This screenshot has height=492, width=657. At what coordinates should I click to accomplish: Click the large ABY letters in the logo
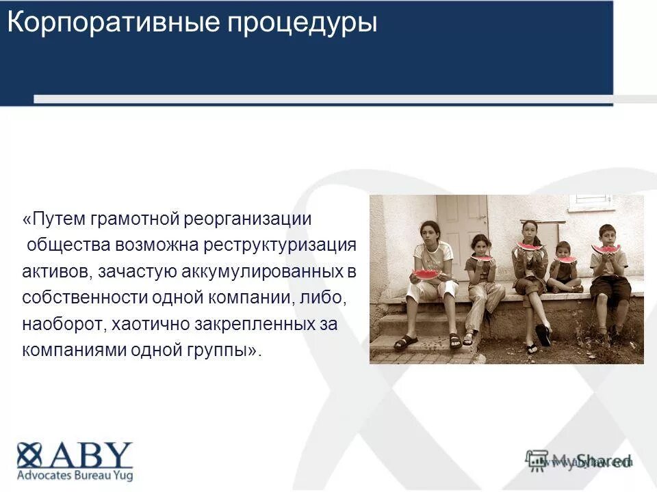[x=89, y=455]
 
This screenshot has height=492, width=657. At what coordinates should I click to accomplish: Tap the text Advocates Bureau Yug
[x=75, y=476]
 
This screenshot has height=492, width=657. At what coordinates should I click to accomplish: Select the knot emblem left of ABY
[x=29, y=455]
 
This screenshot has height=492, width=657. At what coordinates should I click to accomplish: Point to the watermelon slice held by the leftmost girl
[x=426, y=274]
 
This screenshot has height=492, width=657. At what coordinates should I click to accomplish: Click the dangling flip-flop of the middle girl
[x=543, y=335]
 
